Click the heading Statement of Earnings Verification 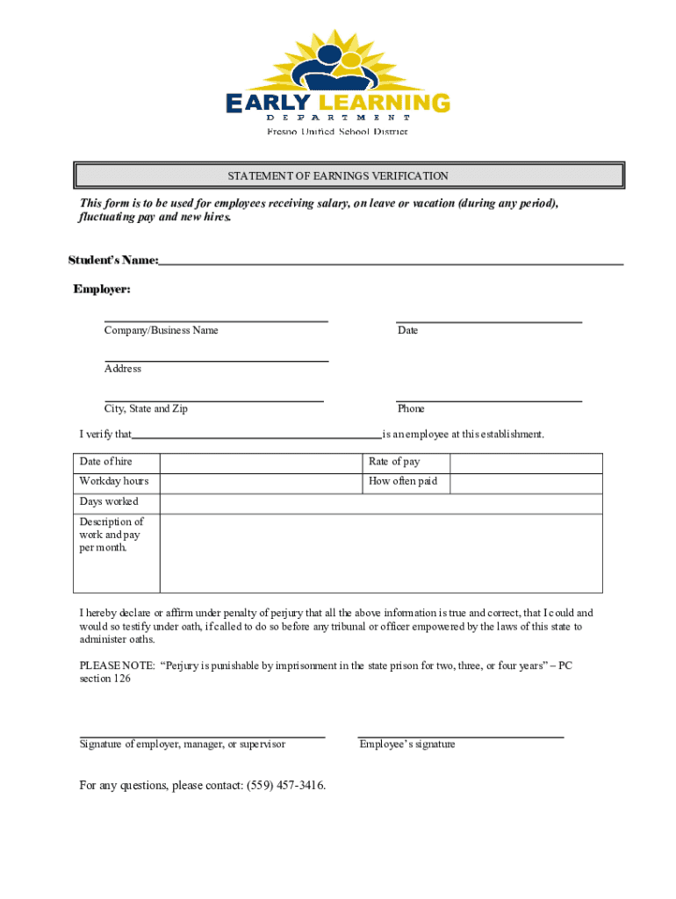338,176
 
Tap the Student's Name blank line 391,262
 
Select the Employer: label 102,289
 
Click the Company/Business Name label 162,331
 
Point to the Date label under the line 407,331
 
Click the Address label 123,369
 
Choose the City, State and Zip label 146,409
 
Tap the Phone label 411,409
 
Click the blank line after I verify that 256,434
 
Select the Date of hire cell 106,462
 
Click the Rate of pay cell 394,462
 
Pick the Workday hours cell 114,481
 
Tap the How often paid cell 403,481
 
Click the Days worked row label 109,502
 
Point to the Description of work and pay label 111,535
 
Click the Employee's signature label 407,744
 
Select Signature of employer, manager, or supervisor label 183,744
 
